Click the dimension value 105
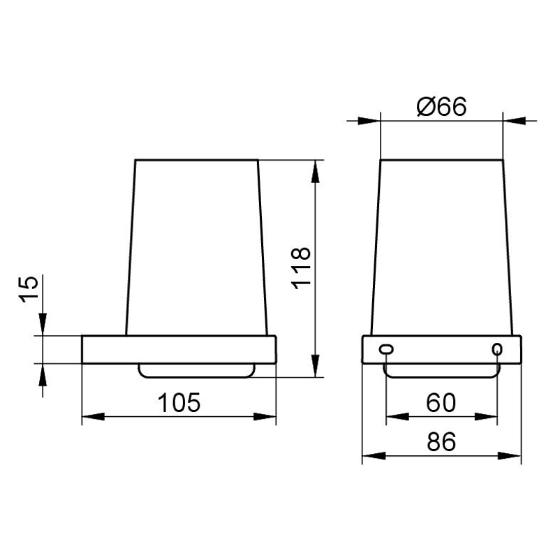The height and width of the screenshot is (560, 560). pyautogui.click(x=179, y=402)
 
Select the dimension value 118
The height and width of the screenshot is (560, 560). pyautogui.click(x=301, y=268)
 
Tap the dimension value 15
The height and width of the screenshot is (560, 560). pyautogui.click(x=28, y=290)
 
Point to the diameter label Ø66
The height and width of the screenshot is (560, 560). pyautogui.click(x=441, y=106)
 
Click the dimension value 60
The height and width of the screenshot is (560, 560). pyautogui.click(x=441, y=402)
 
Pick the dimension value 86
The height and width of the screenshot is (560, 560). pyautogui.click(x=441, y=442)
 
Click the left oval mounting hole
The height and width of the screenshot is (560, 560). pyautogui.click(x=386, y=349)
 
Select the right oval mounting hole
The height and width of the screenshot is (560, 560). pyautogui.click(x=496, y=349)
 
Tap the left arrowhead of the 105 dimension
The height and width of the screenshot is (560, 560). pyautogui.click(x=93, y=416)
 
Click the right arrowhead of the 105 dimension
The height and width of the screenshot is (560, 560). pyautogui.click(x=265, y=416)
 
